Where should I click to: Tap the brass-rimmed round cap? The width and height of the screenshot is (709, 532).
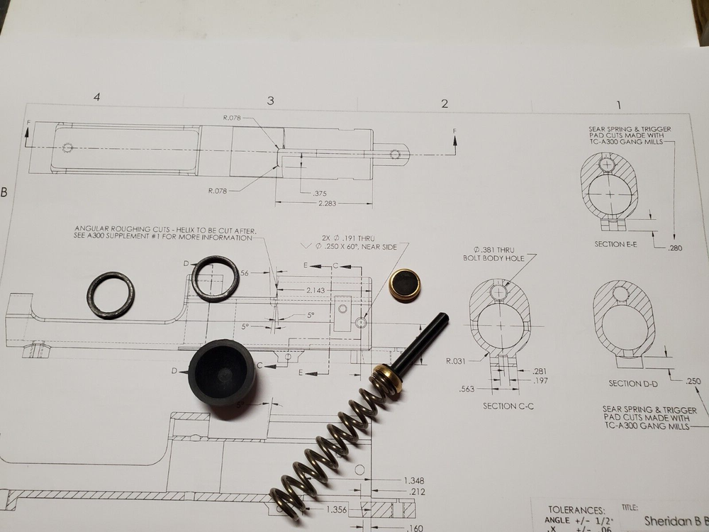click(x=406, y=282)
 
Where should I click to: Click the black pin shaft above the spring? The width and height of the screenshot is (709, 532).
click(x=423, y=340)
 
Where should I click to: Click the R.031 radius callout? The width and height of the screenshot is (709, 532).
click(x=455, y=361)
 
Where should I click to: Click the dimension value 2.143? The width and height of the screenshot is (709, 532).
click(x=317, y=291)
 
